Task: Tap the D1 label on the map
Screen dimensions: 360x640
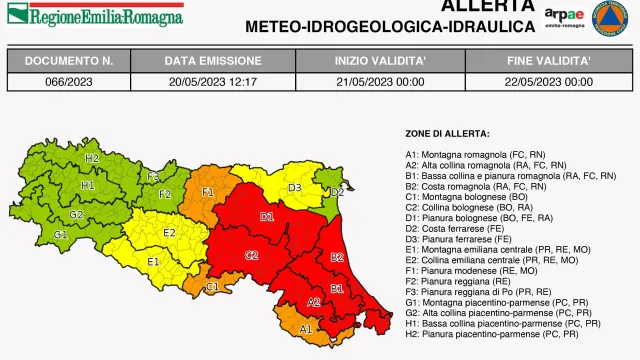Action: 267,216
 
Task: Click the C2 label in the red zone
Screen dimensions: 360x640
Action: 252,255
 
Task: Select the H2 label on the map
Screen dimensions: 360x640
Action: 92,158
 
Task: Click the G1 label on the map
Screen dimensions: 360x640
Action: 60,234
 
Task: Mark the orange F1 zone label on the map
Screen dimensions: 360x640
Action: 208,191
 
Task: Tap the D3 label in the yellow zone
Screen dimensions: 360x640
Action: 295,187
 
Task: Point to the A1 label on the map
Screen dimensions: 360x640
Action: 306,328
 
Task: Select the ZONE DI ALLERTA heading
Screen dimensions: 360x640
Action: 447,133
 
